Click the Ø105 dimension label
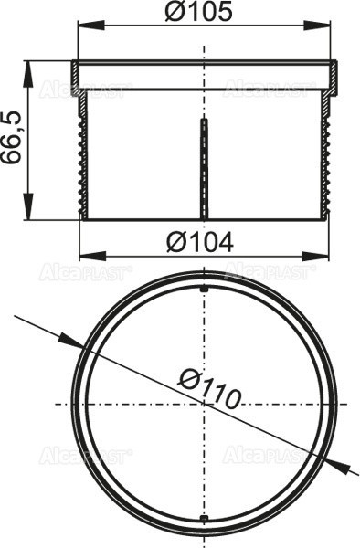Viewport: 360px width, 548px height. tap(200, 13)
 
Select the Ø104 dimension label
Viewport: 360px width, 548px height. tap(200, 243)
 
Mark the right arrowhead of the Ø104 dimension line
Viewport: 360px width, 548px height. tap(321, 255)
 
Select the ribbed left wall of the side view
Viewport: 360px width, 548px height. tap(83, 155)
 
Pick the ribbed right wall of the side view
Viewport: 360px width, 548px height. tap(323, 155)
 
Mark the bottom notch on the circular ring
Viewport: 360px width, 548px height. tap(203, 522)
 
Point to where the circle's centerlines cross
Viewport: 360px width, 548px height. tap(203, 404)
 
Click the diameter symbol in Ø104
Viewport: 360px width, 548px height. tap(179, 243)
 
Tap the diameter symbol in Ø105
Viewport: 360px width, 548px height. tap(178, 13)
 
